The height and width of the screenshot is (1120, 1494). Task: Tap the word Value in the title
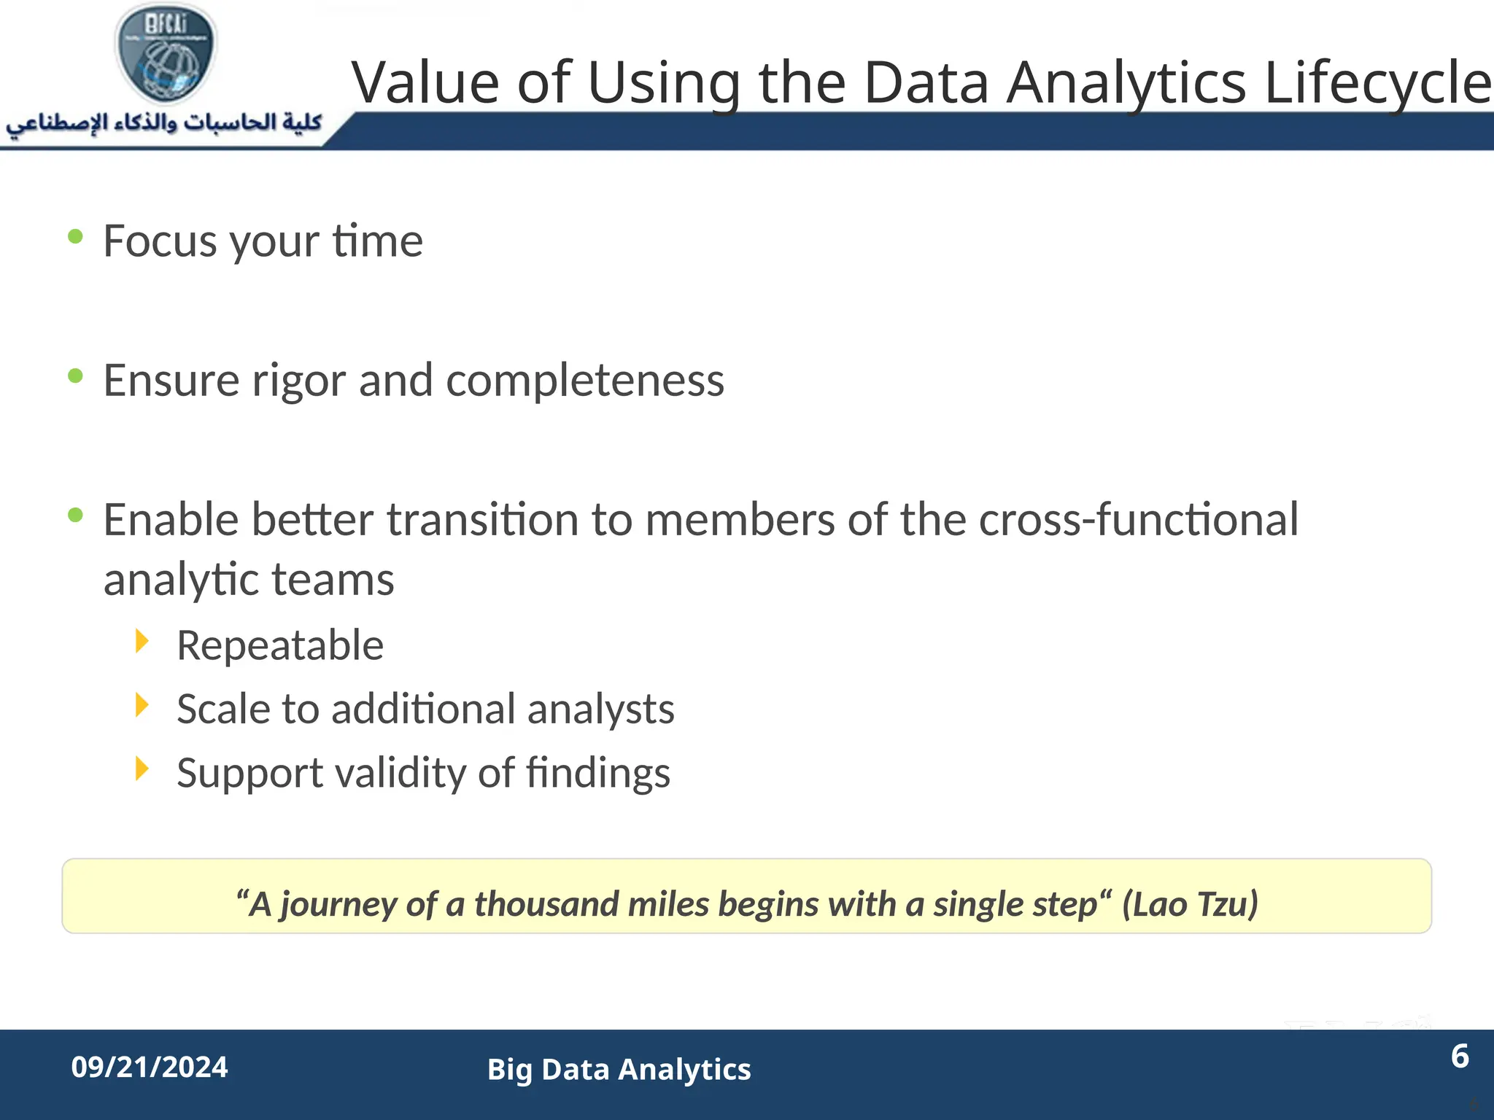425,82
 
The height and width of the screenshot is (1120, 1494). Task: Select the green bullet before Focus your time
75,236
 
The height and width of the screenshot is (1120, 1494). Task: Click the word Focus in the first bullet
160,241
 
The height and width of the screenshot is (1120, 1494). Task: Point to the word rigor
298,381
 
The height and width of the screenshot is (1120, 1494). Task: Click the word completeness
585,381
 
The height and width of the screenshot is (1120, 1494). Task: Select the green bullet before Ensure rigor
75,376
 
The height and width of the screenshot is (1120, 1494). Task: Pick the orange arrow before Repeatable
142,642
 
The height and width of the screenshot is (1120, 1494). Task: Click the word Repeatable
280,645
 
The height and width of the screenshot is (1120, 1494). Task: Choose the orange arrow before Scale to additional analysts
142,705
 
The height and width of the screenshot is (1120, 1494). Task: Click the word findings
597,773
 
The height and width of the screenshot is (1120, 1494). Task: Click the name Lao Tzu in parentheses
1190,904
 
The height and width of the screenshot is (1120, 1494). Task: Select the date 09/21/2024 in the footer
150,1067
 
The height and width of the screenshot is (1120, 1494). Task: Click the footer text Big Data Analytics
619,1070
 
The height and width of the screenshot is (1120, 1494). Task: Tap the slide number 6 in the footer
1460,1057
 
